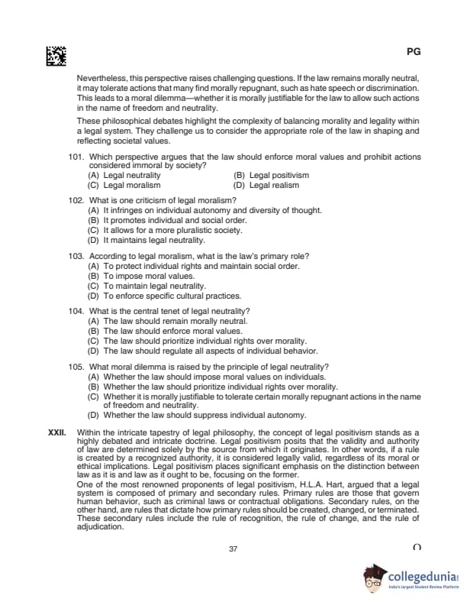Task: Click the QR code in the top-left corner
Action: click(56, 56)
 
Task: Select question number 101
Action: click(76, 157)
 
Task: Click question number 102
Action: click(76, 200)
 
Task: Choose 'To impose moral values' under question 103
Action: click(137, 276)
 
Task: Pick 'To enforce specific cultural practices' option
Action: click(165, 296)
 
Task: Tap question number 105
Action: click(76, 367)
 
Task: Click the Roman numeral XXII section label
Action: click(57, 432)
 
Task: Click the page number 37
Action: click(233, 548)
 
